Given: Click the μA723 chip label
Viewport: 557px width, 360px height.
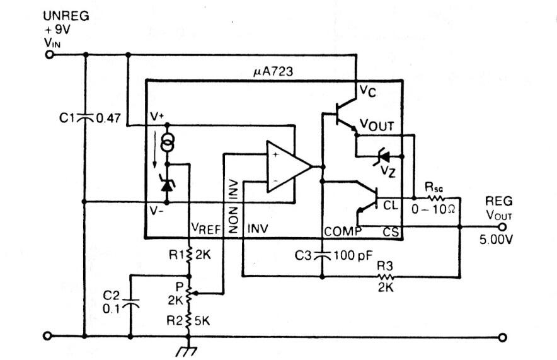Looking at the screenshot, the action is click(x=273, y=71).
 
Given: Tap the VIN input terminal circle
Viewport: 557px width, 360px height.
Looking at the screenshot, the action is click(x=49, y=55).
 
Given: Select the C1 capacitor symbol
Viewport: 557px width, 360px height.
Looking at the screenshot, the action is click(x=85, y=117).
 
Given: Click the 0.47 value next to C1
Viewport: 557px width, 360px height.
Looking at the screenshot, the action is click(x=108, y=118).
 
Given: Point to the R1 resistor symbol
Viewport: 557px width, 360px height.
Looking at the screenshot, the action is click(x=189, y=255).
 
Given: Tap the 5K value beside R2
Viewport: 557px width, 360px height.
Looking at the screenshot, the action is click(x=202, y=321).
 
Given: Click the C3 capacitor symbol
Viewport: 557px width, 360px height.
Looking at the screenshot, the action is click(x=322, y=255).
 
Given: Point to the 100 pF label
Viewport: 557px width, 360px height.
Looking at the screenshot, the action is click(x=353, y=255).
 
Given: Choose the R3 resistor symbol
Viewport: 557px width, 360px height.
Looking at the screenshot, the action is click(x=386, y=277).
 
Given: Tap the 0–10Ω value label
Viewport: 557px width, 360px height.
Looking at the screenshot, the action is click(x=433, y=209).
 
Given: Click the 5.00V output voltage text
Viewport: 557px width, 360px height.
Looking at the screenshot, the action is click(x=496, y=240).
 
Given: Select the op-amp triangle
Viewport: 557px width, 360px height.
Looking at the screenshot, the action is click(x=289, y=166).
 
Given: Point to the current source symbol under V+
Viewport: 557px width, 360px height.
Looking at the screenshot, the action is click(x=167, y=141).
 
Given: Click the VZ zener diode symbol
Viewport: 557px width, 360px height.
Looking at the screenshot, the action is click(x=382, y=156).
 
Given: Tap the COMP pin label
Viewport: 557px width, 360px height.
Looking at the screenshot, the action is click(x=343, y=232).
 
